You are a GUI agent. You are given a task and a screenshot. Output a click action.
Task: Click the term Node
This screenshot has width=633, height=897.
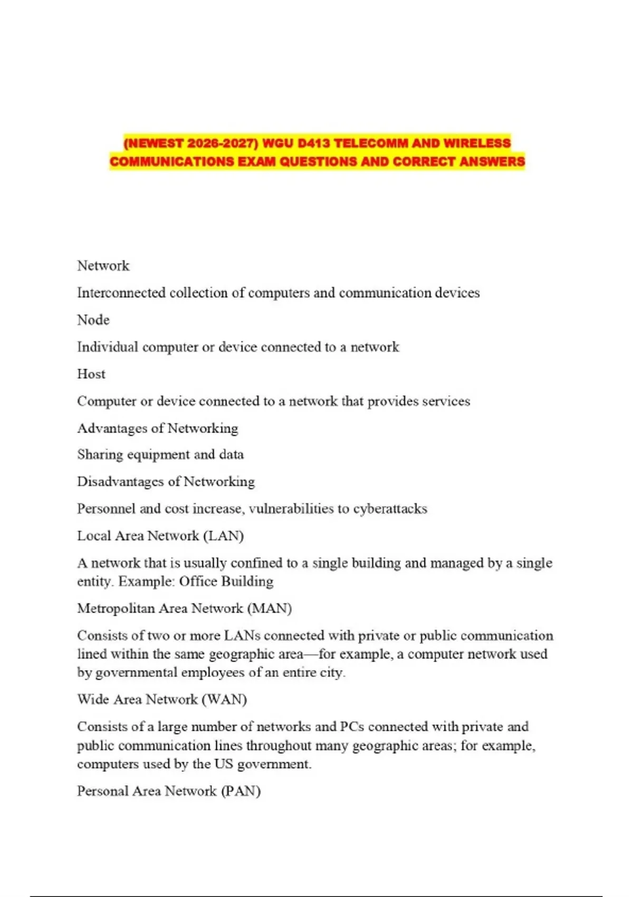tap(93, 320)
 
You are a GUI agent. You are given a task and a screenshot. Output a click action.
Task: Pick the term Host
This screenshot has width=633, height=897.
tap(91, 374)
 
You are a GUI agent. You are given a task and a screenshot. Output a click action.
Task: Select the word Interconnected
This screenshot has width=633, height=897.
tap(121, 293)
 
